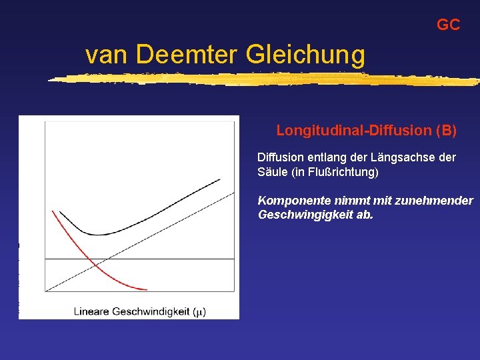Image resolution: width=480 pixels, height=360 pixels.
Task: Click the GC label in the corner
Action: [x=448, y=25]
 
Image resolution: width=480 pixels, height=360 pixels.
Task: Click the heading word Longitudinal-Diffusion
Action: [x=353, y=131]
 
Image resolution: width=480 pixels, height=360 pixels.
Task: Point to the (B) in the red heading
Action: [x=445, y=131]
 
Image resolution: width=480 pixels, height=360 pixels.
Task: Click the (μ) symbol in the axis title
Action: [x=199, y=311]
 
